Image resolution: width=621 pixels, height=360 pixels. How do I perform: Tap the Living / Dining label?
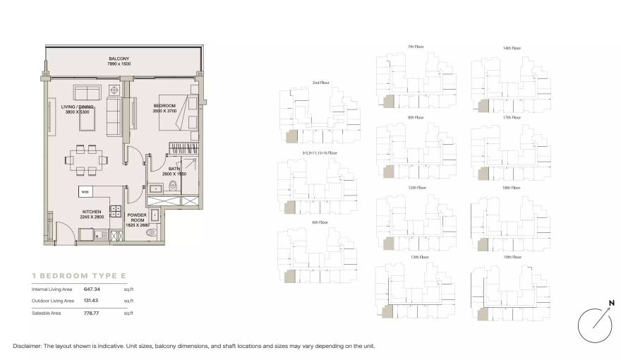coord(77,109)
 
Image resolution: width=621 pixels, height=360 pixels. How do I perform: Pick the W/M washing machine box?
coord(85,191)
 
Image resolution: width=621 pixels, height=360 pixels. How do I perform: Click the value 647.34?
coord(92,289)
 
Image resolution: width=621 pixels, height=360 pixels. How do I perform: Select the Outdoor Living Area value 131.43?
coord(92,301)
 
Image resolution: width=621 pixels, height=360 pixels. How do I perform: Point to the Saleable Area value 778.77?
coord(92,312)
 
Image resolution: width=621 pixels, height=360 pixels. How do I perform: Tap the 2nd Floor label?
coord(320,83)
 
